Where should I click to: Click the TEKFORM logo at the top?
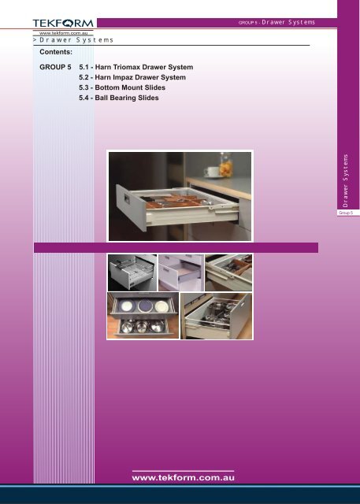(63, 23)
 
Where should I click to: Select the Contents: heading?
(56, 52)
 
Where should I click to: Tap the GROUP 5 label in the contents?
(55, 67)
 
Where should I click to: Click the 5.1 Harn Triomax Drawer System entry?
(136, 67)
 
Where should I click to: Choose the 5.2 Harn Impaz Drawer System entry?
(132, 77)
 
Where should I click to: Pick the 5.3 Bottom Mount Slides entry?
(122, 87)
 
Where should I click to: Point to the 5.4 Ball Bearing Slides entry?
(119, 98)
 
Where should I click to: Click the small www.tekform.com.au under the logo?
(63, 33)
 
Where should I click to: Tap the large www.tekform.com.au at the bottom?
(183, 478)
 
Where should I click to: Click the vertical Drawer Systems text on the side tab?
(346, 180)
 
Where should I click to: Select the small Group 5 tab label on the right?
(346, 213)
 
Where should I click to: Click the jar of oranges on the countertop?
(226, 165)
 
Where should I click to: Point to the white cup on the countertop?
(211, 172)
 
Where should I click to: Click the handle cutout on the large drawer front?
(127, 199)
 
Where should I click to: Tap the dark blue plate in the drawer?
(145, 306)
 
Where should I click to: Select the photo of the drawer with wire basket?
(132, 272)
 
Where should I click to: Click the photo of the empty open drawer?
(181, 272)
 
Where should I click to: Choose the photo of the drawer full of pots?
(217, 316)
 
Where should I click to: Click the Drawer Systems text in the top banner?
(288, 22)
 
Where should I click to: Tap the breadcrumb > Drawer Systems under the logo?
(73, 40)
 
